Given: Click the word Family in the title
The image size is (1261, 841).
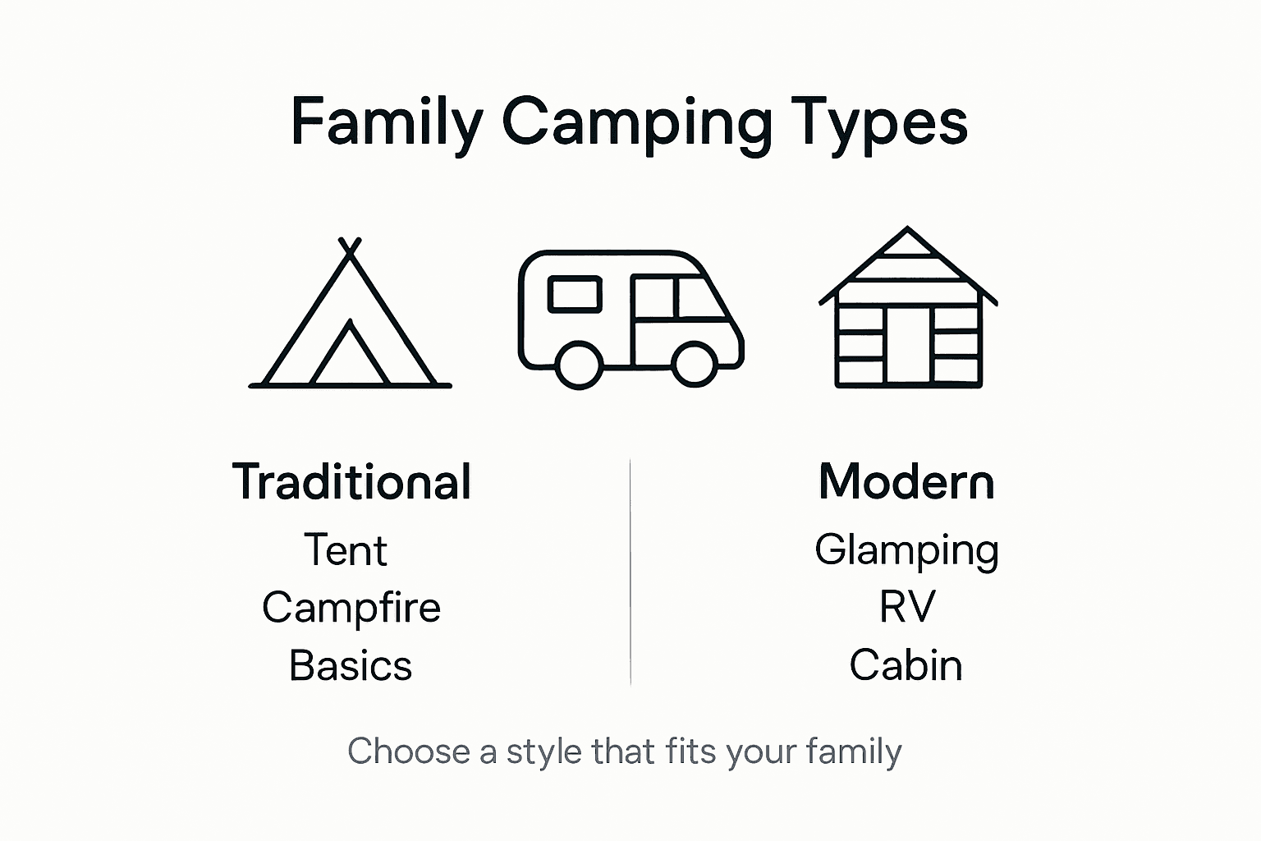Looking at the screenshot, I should [387, 123].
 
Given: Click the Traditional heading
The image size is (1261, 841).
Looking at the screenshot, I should [351, 482].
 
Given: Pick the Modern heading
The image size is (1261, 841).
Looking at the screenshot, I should [906, 482].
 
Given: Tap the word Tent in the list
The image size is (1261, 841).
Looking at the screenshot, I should [346, 550].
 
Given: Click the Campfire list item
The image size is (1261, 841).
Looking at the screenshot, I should [351, 608].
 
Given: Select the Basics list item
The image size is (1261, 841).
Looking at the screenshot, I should [351, 666].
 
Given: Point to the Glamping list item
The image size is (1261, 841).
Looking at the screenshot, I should [906, 550].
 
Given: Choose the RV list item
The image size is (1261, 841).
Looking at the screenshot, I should [906, 608].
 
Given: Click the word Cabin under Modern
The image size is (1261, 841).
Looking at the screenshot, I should [906, 666].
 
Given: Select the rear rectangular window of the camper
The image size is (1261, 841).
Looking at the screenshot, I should [575, 294].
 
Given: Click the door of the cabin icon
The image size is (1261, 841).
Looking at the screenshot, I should [908, 346].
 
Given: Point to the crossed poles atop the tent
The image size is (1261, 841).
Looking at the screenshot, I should [351, 248].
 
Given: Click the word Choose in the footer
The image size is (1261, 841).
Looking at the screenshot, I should [408, 752].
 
